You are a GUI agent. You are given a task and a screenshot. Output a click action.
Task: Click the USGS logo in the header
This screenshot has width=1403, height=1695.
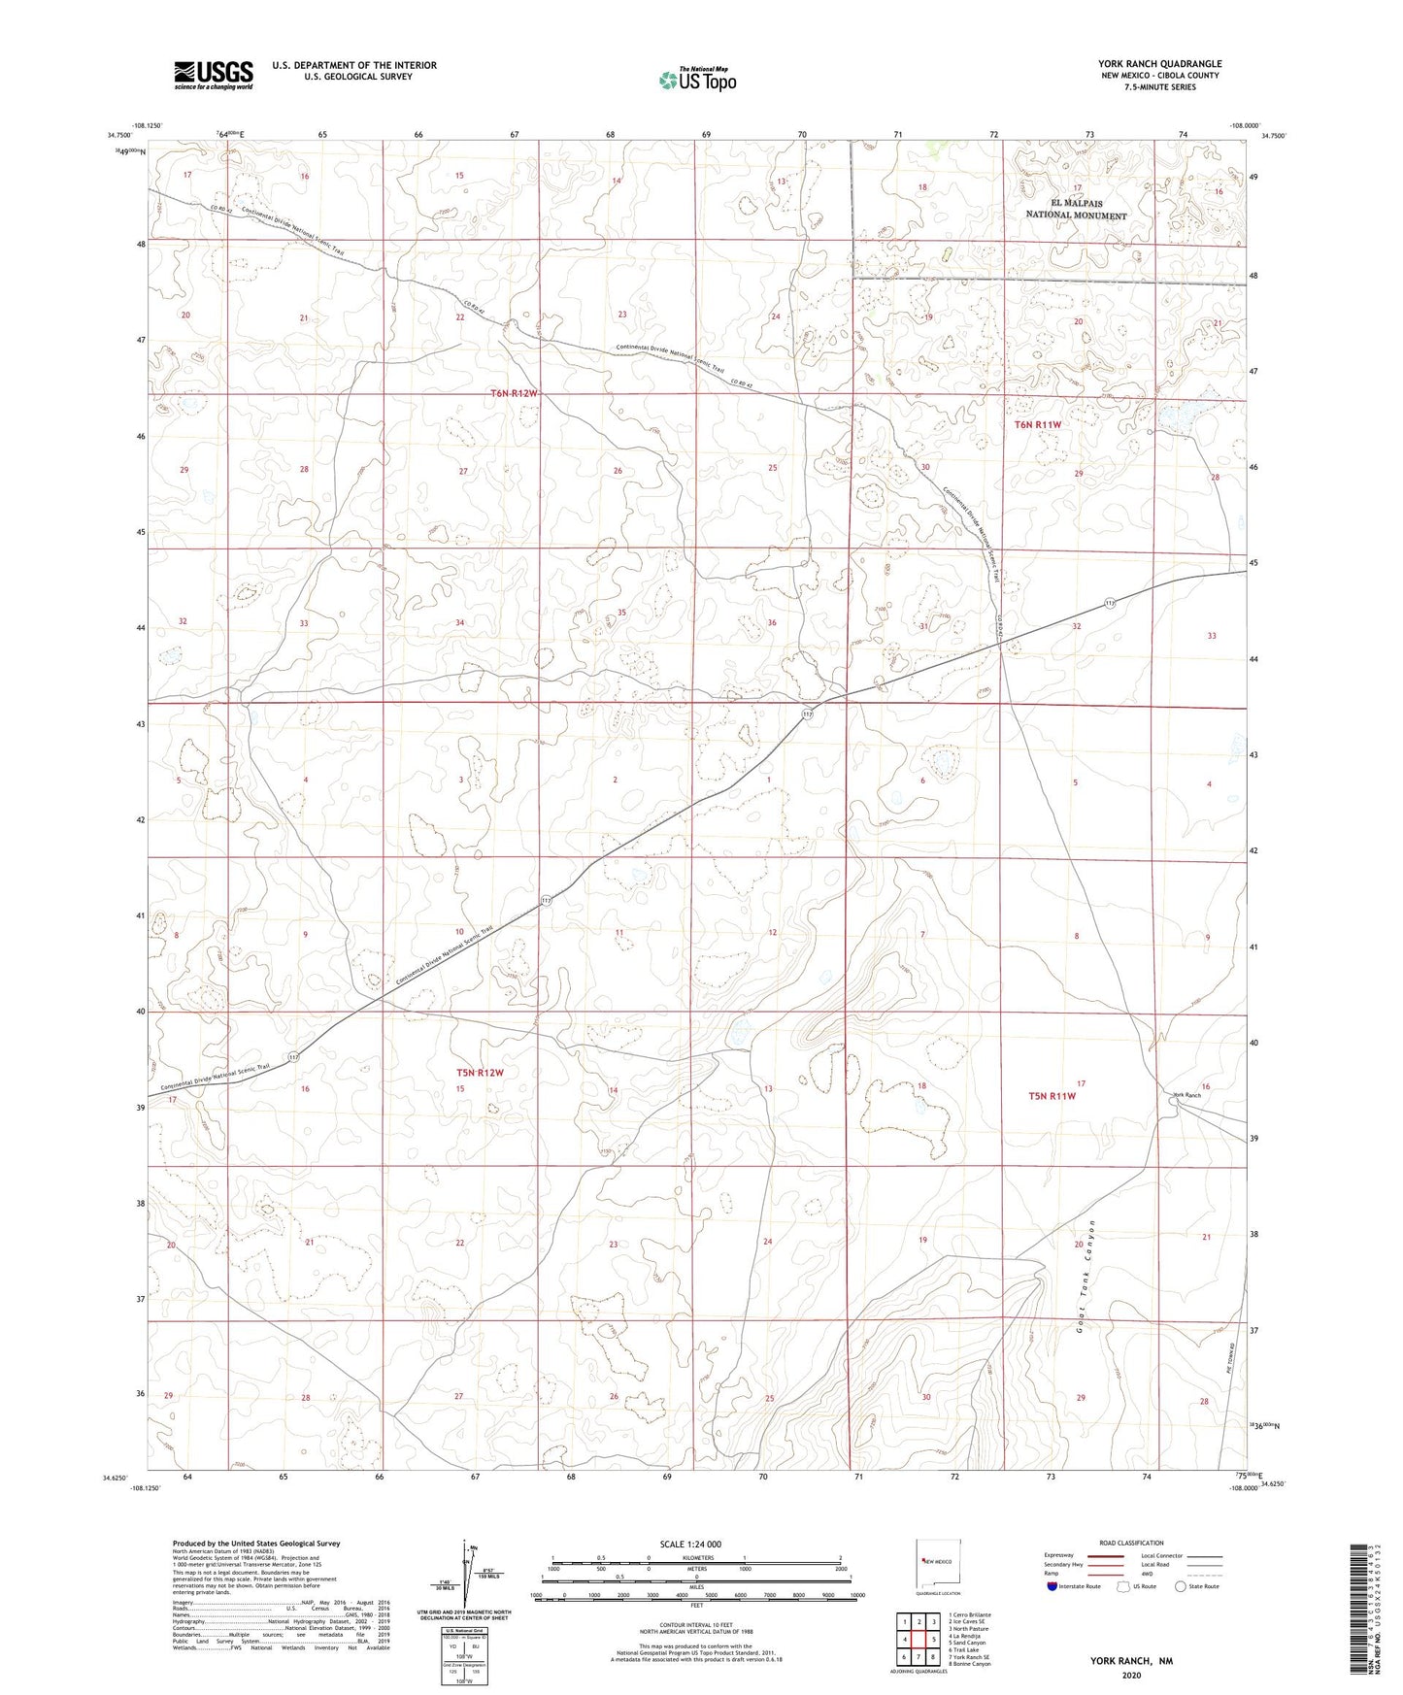[214, 74]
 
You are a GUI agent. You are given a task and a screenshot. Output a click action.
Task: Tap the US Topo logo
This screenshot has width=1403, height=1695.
[696, 80]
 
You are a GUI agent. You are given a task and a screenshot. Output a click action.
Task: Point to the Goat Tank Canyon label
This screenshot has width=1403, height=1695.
[1086, 1275]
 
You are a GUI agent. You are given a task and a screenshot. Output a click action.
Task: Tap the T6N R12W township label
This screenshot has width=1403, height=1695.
[513, 393]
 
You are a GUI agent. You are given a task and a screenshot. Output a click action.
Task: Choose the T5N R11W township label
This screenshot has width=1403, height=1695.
[1052, 1096]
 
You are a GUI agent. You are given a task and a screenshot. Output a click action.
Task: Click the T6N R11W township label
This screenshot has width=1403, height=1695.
[1038, 425]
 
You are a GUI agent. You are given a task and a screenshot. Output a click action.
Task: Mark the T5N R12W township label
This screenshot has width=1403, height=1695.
[481, 1073]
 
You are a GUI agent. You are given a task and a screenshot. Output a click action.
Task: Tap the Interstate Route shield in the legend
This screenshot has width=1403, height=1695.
[1053, 1586]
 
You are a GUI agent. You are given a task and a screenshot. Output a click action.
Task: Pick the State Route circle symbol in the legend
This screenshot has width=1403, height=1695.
[1181, 1586]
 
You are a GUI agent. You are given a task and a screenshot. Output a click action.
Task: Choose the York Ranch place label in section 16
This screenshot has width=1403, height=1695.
[1186, 1095]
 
